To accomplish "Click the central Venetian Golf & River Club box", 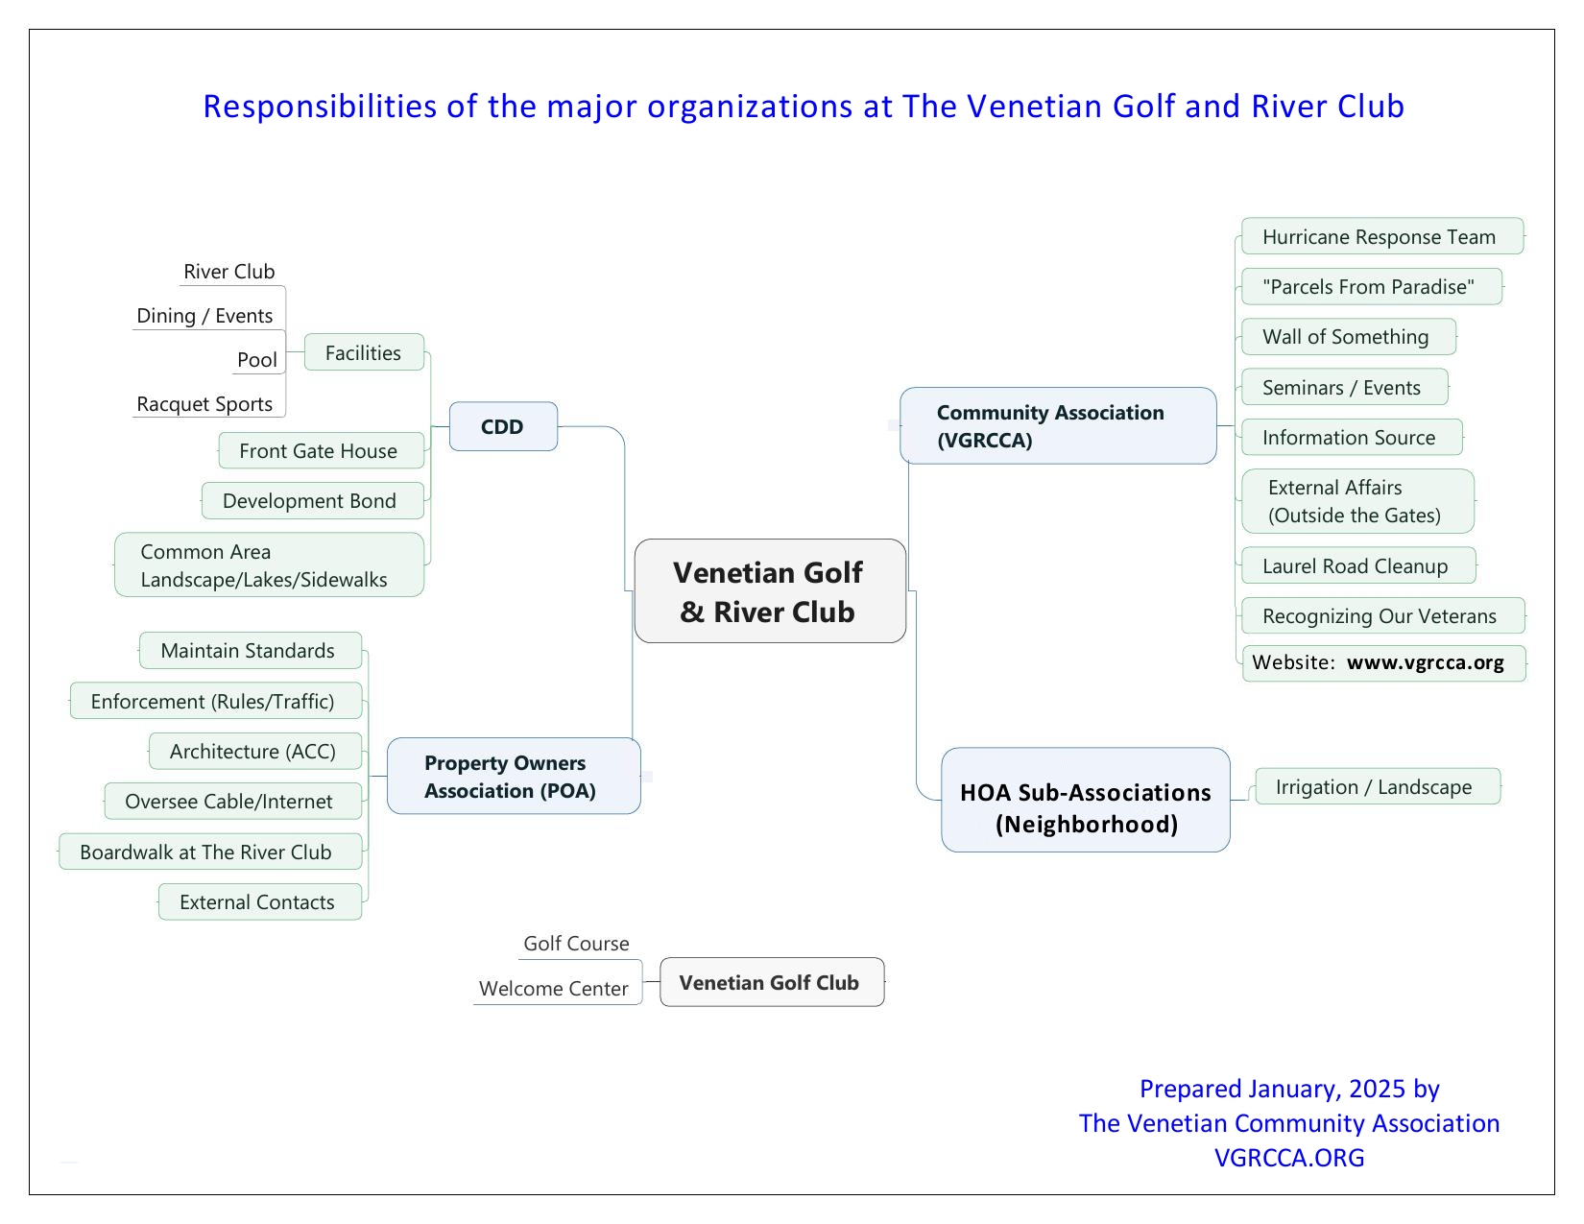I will [x=770, y=591].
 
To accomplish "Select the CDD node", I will [x=503, y=426].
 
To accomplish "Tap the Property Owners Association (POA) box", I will [x=514, y=776].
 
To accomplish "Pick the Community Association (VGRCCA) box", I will [x=1058, y=426].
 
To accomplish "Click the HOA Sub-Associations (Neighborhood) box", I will [x=1086, y=800].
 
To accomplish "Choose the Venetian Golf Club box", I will [x=772, y=982].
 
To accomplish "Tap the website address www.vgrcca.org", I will [x=1425, y=662].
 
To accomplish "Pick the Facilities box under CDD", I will [x=364, y=352].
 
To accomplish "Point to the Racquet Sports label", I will [x=205, y=404].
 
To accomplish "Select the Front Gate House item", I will [x=320, y=450].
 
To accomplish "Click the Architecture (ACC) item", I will [x=254, y=751].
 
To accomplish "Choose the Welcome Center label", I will [x=554, y=988].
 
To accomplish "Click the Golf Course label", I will [x=576, y=944].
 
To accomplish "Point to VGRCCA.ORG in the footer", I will [x=1288, y=1157].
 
